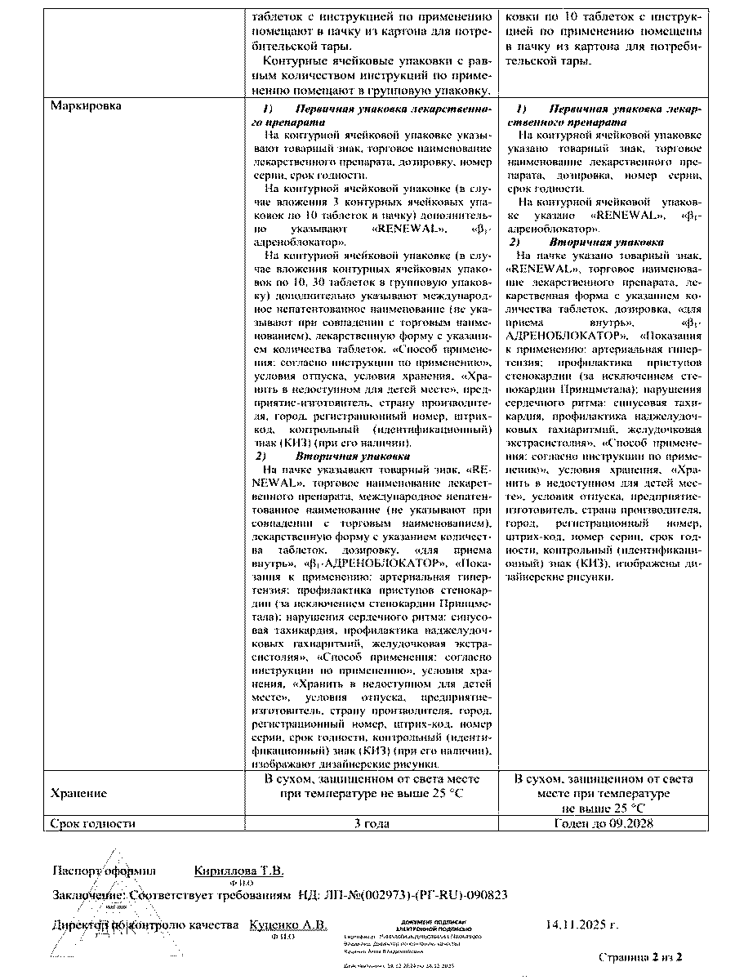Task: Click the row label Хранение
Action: [78, 793]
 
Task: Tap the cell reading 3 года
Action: [371, 823]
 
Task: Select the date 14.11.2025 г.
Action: [581, 925]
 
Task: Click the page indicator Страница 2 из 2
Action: [640, 956]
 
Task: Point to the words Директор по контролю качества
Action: [145, 924]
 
